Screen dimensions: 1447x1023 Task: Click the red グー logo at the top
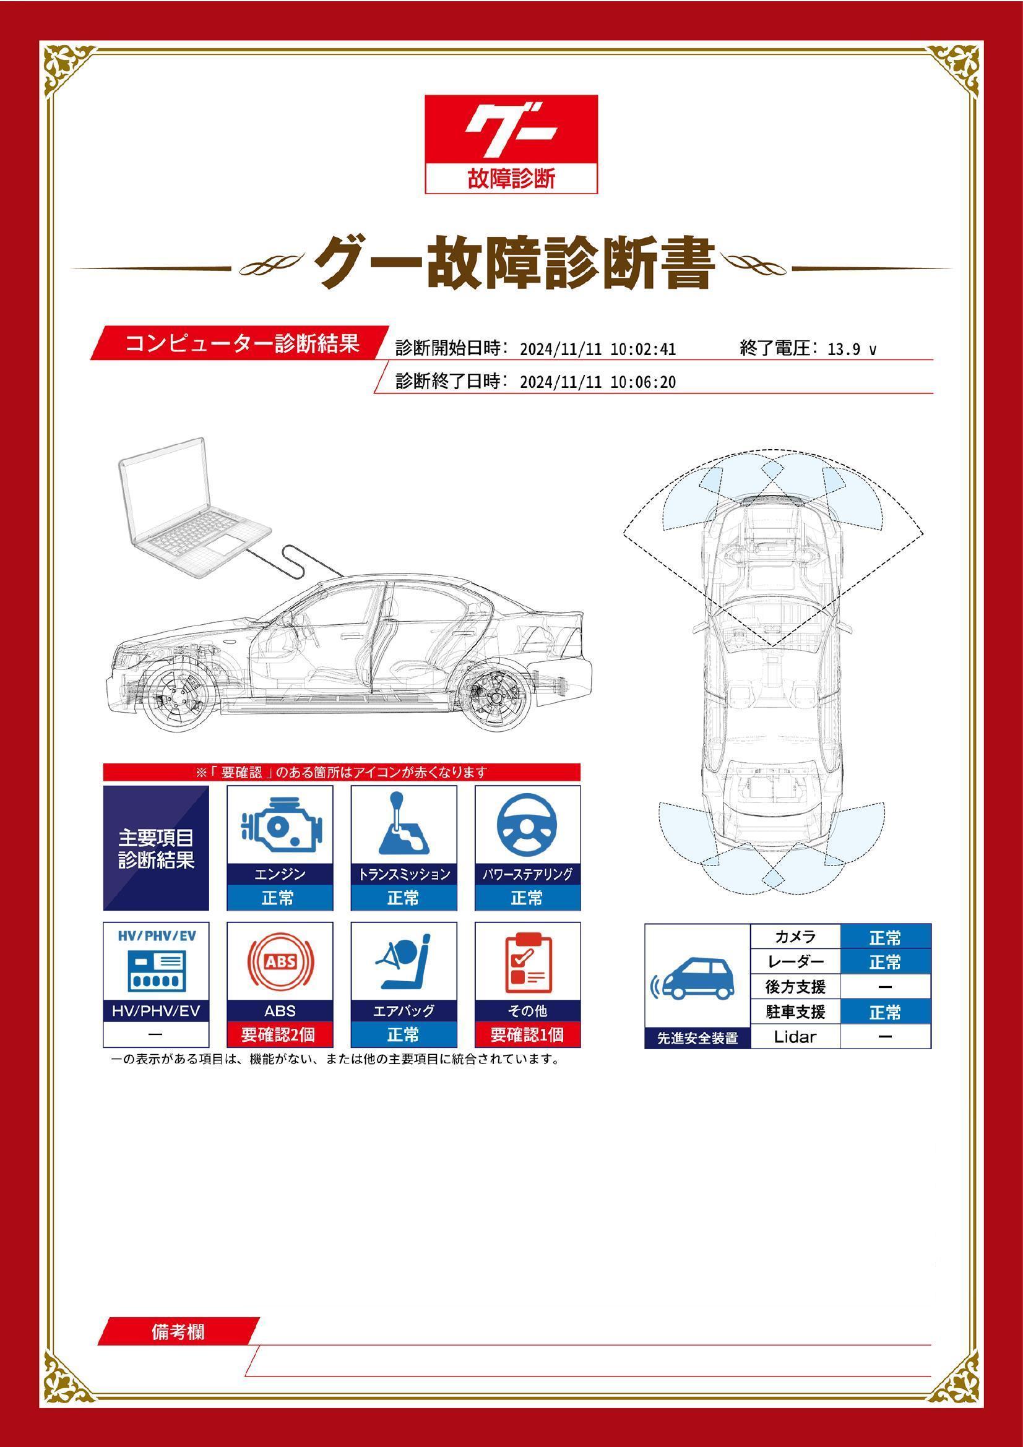coord(511,129)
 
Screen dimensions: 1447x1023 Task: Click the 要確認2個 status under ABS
coord(279,1035)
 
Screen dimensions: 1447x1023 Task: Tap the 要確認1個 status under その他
coord(527,1035)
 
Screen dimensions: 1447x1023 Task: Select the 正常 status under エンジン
coord(279,898)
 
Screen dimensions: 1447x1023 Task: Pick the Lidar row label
coord(795,1037)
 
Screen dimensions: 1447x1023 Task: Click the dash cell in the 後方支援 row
coord(885,987)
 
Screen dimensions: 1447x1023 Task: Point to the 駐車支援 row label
coord(795,1012)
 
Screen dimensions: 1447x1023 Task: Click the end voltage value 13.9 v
coord(851,349)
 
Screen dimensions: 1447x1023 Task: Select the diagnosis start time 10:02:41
coord(643,349)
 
